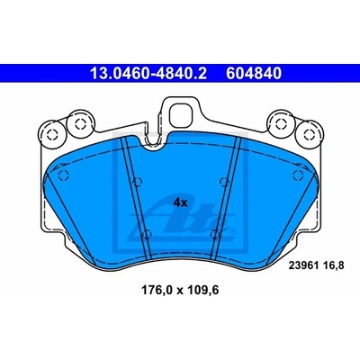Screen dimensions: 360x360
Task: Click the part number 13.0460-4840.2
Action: click(x=148, y=73)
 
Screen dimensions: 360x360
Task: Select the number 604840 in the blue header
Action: click(x=254, y=73)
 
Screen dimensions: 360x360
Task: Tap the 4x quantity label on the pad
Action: click(x=180, y=203)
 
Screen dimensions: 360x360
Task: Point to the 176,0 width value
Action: click(x=157, y=291)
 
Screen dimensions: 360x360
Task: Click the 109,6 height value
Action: click(x=203, y=291)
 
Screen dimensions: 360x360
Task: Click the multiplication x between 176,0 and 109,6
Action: click(x=180, y=291)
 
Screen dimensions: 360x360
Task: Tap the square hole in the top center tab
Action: click(x=182, y=116)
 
